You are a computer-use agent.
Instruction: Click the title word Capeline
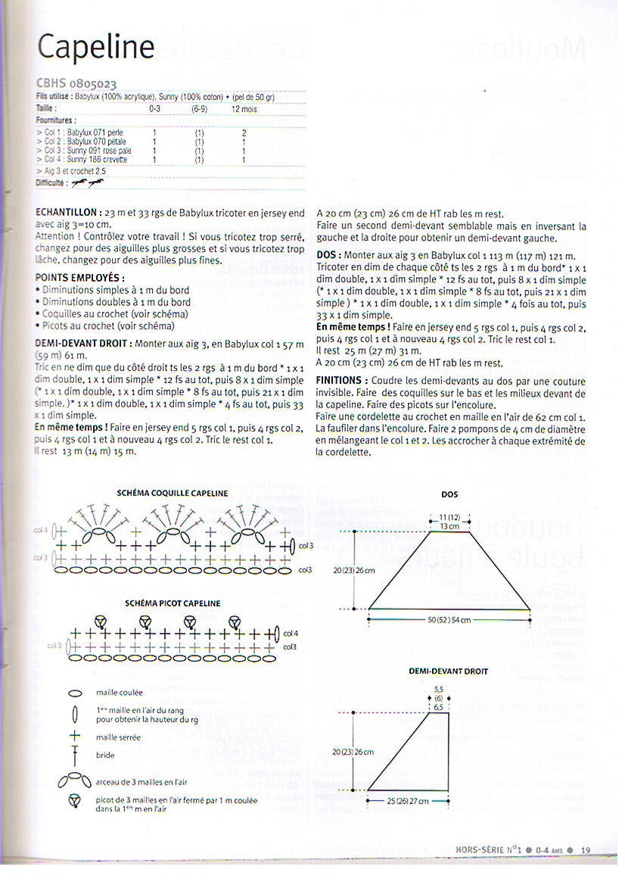point(96,47)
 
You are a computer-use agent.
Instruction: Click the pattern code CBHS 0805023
point(76,83)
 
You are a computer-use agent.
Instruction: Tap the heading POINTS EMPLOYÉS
point(80,278)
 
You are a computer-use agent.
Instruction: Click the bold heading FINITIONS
point(342,379)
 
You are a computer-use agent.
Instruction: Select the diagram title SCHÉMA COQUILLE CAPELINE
point(173,493)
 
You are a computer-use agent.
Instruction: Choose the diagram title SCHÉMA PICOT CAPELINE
point(173,603)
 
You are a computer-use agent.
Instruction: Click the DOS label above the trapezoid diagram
point(449,494)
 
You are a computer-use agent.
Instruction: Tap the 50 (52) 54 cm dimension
point(449,620)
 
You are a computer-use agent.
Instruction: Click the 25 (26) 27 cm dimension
point(407,800)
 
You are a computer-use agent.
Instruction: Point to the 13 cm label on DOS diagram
point(449,525)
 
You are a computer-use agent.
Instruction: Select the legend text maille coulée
point(119,692)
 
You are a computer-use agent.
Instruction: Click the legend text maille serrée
point(118,737)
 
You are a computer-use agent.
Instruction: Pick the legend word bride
point(105,755)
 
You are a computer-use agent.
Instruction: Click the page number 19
point(586,850)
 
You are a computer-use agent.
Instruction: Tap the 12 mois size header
point(244,109)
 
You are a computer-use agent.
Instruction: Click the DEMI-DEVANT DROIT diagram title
point(449,671)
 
